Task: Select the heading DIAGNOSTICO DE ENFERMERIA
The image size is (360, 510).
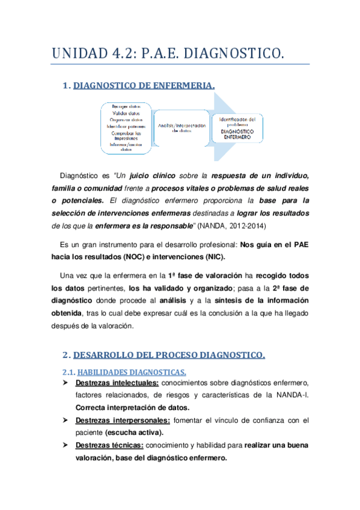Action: (143, 86)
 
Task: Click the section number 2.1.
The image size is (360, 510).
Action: (70, 371)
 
